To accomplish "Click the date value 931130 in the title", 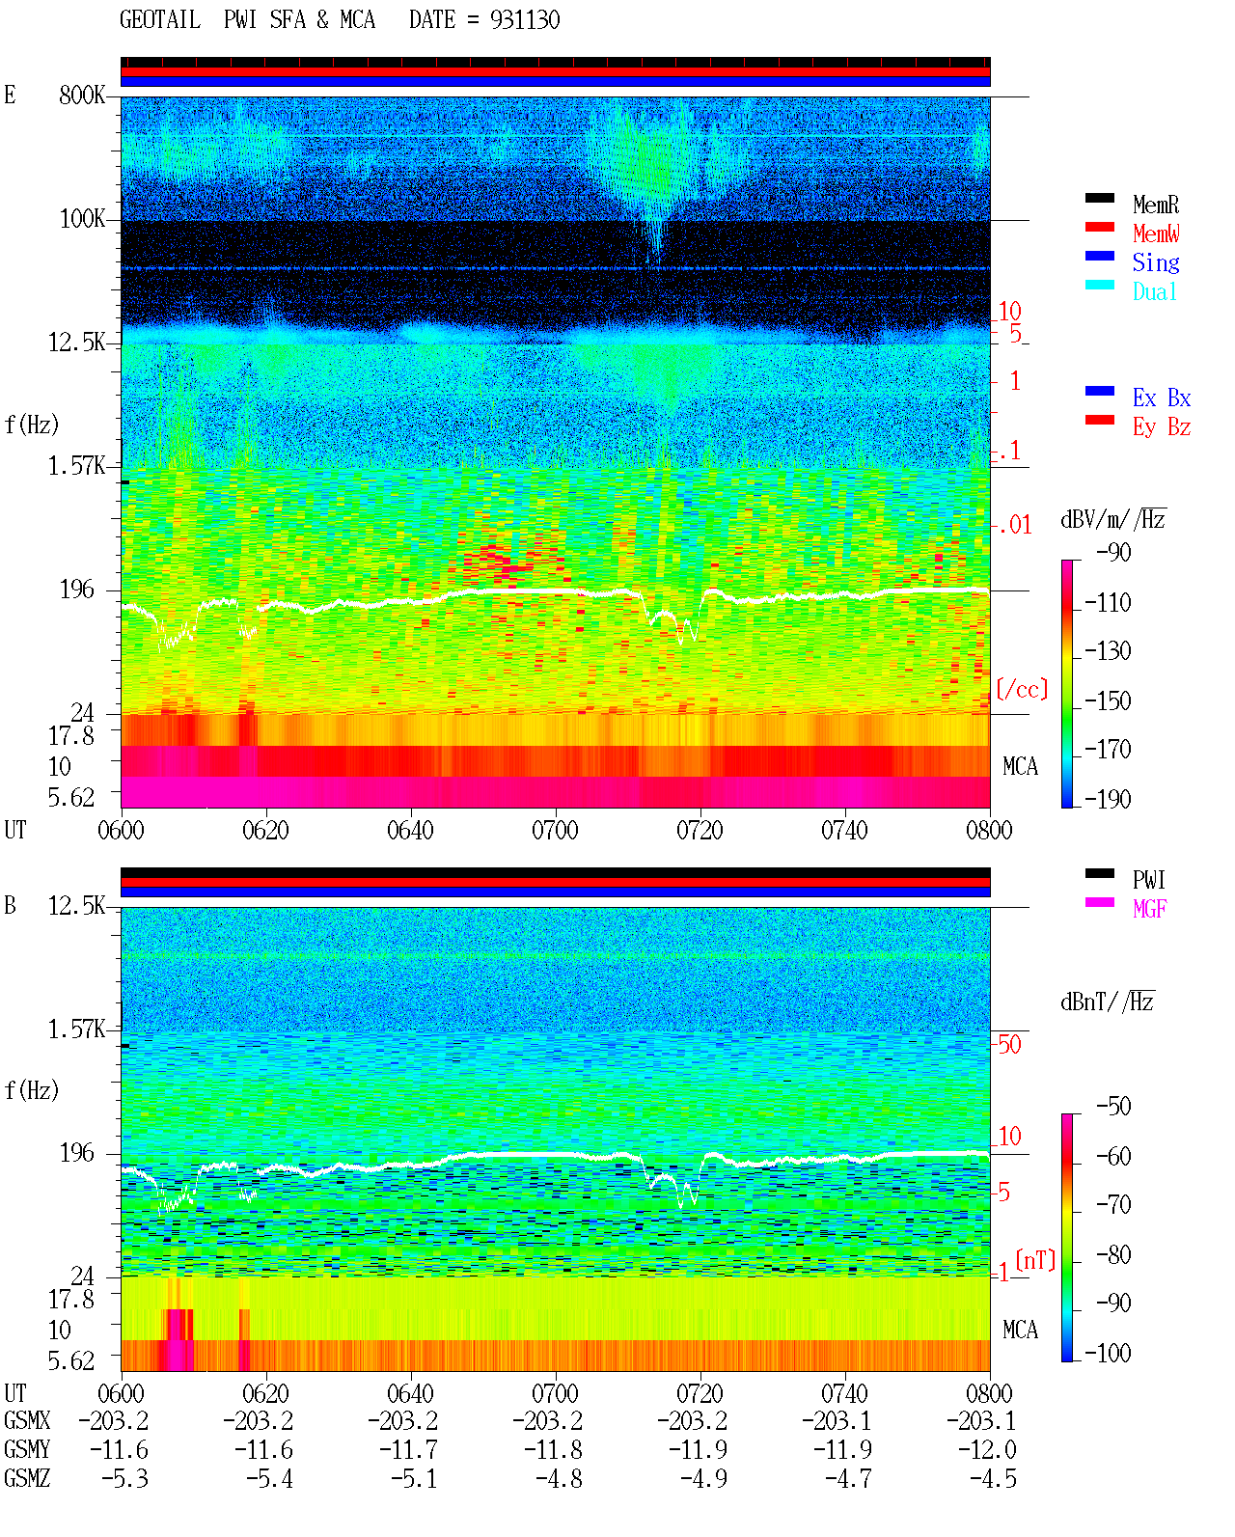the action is pos(525,20).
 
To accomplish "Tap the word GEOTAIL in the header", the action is pos(160,20).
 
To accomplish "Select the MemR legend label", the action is pos(1155,205).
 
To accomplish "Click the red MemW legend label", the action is pos(1155,233).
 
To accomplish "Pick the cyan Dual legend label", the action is pos(1154,291).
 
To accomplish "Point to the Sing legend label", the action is pos(1155,262).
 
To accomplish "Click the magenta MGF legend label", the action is pos(1149,909).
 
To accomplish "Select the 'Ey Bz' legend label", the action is pos(1162,427).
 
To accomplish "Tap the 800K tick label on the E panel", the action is pos(82,95).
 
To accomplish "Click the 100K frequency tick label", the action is pos(82,219).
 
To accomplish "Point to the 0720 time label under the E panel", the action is pos(700,831).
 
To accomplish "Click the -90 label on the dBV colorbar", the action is pos(1113,552).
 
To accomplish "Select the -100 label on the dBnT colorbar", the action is pos(1108,1353).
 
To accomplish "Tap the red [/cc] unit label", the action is pos(1022,689).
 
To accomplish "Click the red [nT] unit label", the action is pos(1035,1260).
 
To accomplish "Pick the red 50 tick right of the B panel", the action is pos(1009,1045).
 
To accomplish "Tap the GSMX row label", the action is pos(27,1420).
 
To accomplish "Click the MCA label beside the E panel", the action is pos(1020,766).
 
